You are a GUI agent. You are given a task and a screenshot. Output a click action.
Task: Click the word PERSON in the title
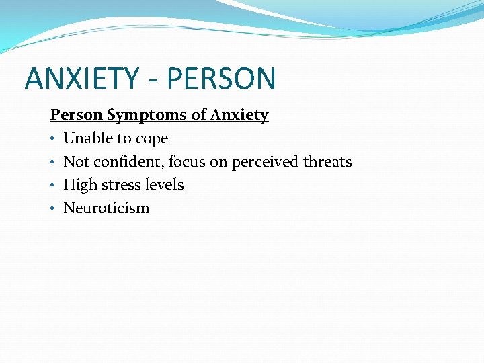(x=221, y=78)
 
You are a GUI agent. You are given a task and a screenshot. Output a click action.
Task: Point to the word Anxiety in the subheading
(x=239, y=116)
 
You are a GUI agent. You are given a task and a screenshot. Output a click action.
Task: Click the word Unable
(x=85, y=138)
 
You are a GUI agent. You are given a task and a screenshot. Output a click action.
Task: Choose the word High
(x=78, y=185)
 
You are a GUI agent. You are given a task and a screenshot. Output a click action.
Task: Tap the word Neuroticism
(x=106, y=208)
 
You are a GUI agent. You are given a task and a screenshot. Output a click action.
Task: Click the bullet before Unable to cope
(x=53, y=139)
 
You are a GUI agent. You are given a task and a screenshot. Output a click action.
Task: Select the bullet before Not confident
(x=53, y=162)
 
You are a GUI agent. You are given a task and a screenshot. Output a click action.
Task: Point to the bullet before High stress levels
(x=53, y=185)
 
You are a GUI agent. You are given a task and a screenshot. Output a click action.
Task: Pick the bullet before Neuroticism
(x=53, y=208)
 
